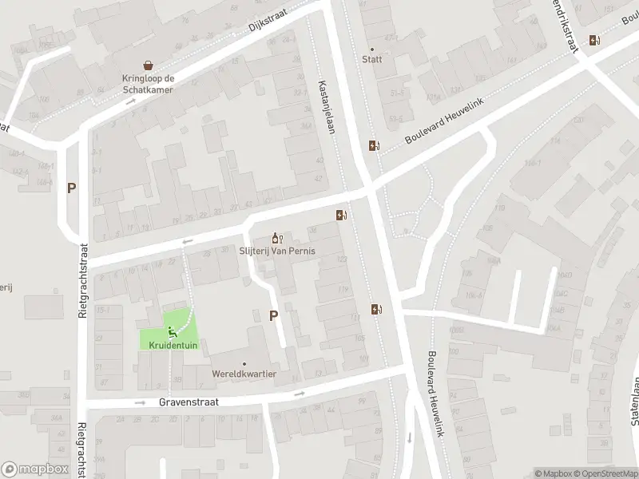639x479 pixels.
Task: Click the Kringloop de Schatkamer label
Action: coord(147,84)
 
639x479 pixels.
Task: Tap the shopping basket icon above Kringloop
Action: coord(148,65)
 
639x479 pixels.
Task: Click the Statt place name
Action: coord(371,59)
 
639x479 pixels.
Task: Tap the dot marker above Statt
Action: coord(371,49)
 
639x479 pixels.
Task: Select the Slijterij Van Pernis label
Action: coord(278,251)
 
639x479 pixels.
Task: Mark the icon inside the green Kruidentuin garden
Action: coord(170,331)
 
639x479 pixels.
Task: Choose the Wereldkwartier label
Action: coord(244,374)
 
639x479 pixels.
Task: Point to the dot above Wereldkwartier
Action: coord(244,363)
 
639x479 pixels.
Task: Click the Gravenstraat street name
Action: coord(189,403)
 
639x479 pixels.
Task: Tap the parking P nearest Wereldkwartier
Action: coord(273,315)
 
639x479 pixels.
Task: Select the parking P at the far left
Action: coord(71,188)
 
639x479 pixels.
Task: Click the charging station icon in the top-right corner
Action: coord(593,40)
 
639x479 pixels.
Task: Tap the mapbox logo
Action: coord(34,469)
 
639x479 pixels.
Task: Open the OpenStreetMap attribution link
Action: coord(598,473)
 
